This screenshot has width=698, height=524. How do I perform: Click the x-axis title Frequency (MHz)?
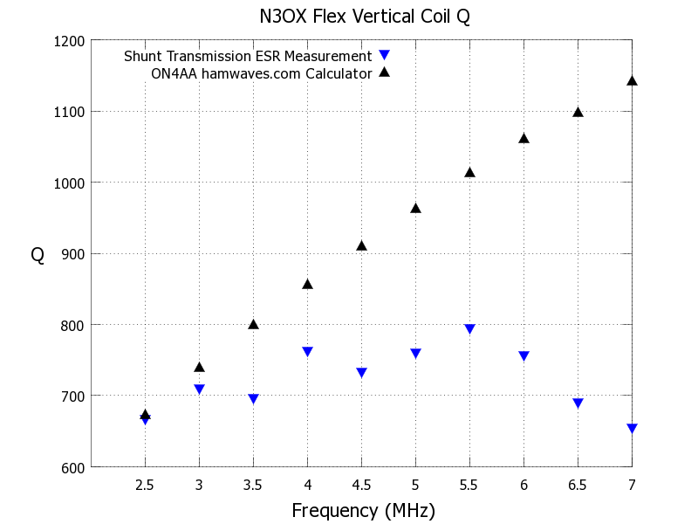coord(363,510)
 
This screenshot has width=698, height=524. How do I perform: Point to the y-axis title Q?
coord(38,255)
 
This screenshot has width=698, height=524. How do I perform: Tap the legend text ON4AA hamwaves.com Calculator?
coord(262,73)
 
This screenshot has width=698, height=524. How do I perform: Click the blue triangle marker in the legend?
coord(384,56)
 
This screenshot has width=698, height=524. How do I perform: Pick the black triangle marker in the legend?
coord(384,72)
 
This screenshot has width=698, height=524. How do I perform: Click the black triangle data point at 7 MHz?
coord(632,80)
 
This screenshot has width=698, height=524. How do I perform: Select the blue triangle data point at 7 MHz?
coord(632,429)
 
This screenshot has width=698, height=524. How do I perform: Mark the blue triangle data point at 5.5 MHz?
coord(469,329)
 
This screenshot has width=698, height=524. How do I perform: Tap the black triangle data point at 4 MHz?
coord(307,284)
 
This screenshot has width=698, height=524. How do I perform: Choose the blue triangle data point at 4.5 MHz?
coord(361,373)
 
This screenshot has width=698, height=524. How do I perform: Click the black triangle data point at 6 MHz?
coord(523,138)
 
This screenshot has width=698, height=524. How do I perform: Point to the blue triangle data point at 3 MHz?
coord(199,390)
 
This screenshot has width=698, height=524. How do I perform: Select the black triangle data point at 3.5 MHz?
coord(253,324)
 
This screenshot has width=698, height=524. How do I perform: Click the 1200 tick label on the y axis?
coord(69,40)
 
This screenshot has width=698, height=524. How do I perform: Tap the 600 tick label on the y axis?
coord(72,467)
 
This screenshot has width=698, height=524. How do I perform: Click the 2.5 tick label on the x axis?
coord(145,485)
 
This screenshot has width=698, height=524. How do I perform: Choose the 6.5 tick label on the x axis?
coord(578,485)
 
